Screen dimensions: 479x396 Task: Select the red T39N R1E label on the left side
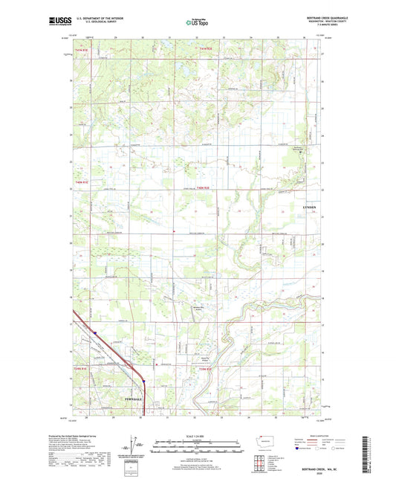tap(80, 369)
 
